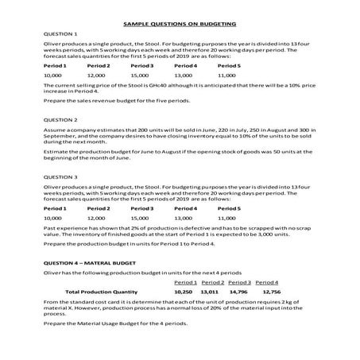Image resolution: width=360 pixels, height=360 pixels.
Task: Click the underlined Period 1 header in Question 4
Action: click(x=184, y=282)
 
